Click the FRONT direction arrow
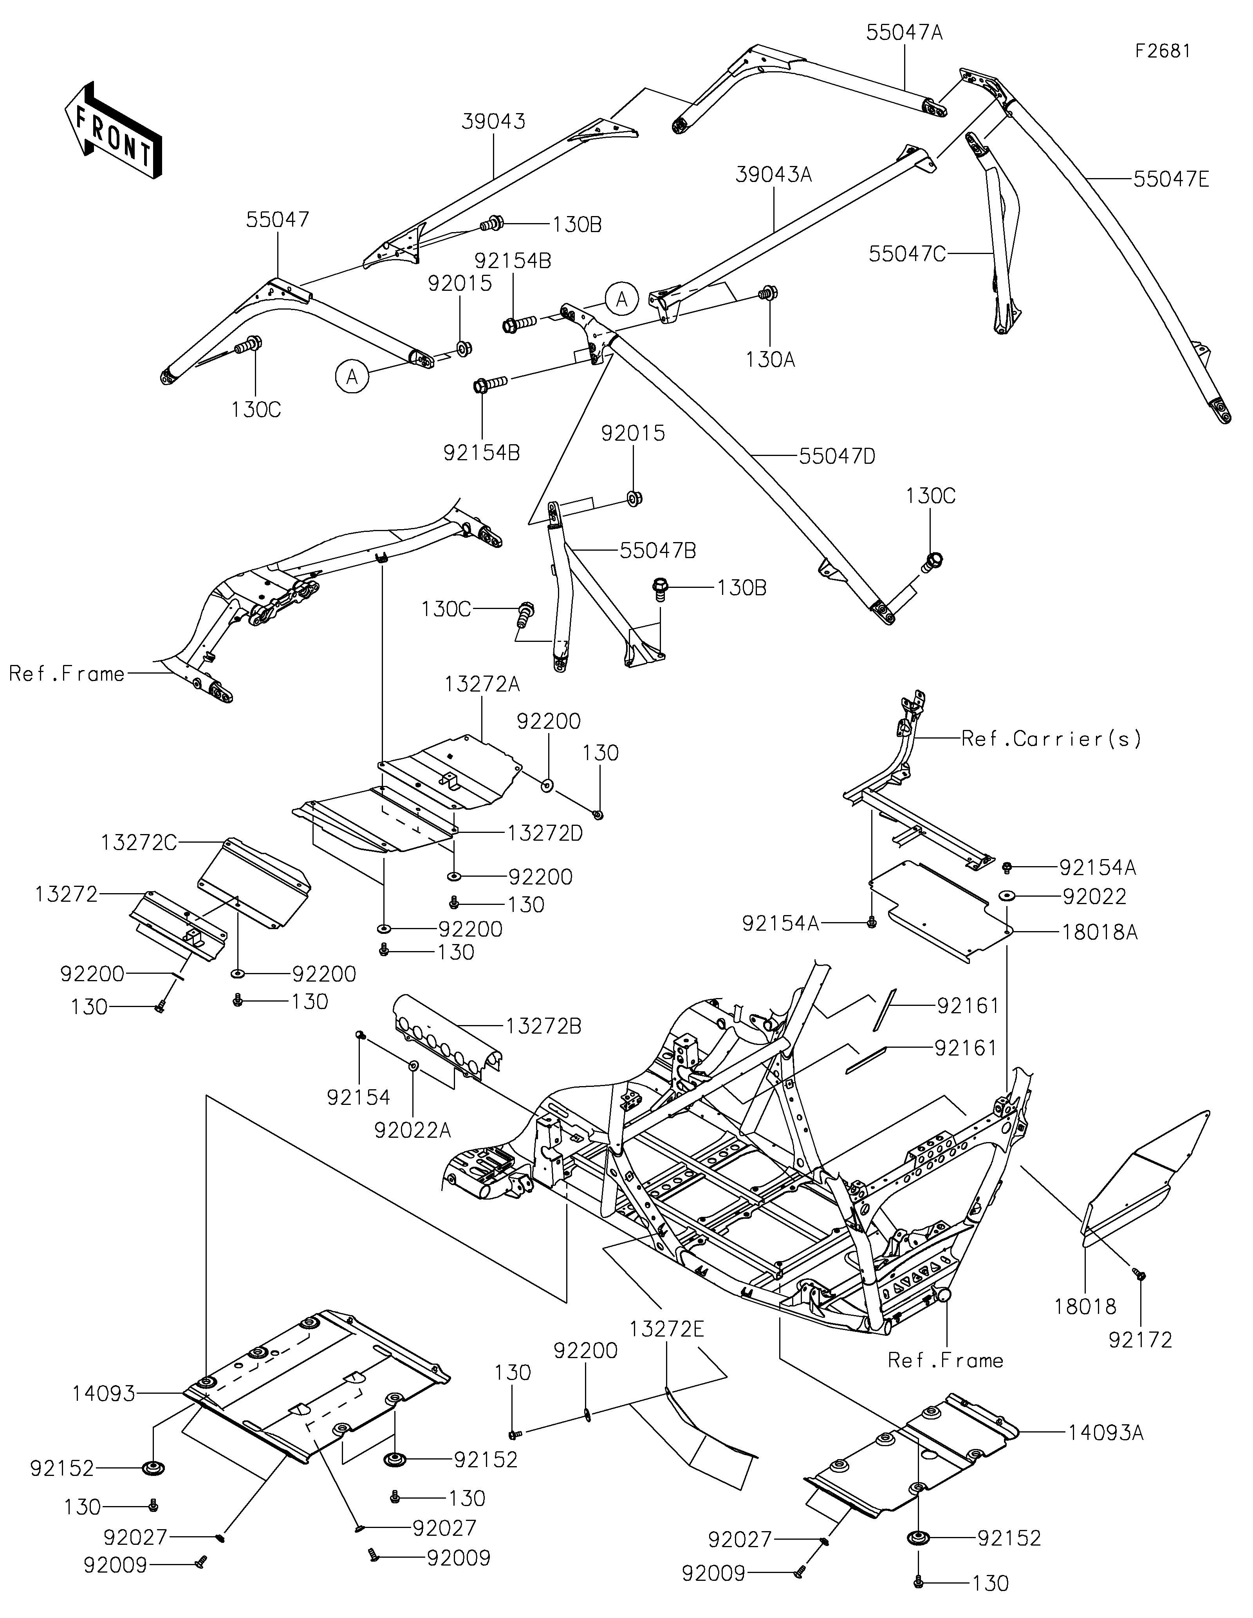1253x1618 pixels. [113, 130]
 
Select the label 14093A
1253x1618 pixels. [1105, 1433]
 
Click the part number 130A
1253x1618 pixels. [771, 360]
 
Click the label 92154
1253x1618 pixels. [359, 1097]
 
